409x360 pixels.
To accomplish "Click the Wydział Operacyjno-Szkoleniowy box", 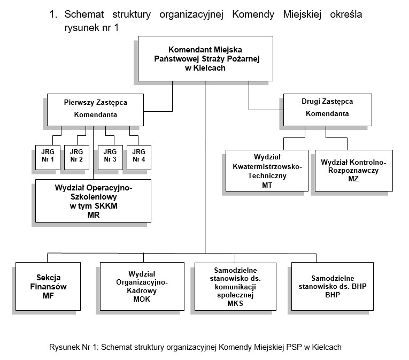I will click(x=94, y=201).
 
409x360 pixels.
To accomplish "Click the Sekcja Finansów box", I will click(x=49, y=286).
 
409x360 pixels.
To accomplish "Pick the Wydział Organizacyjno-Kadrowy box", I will click(x=142, y=286).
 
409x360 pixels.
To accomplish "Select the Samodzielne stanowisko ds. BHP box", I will click(x=332, y=286).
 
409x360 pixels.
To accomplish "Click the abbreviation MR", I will click(x=94, y=215).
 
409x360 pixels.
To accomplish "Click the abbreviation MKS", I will click(x=235, y=304).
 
